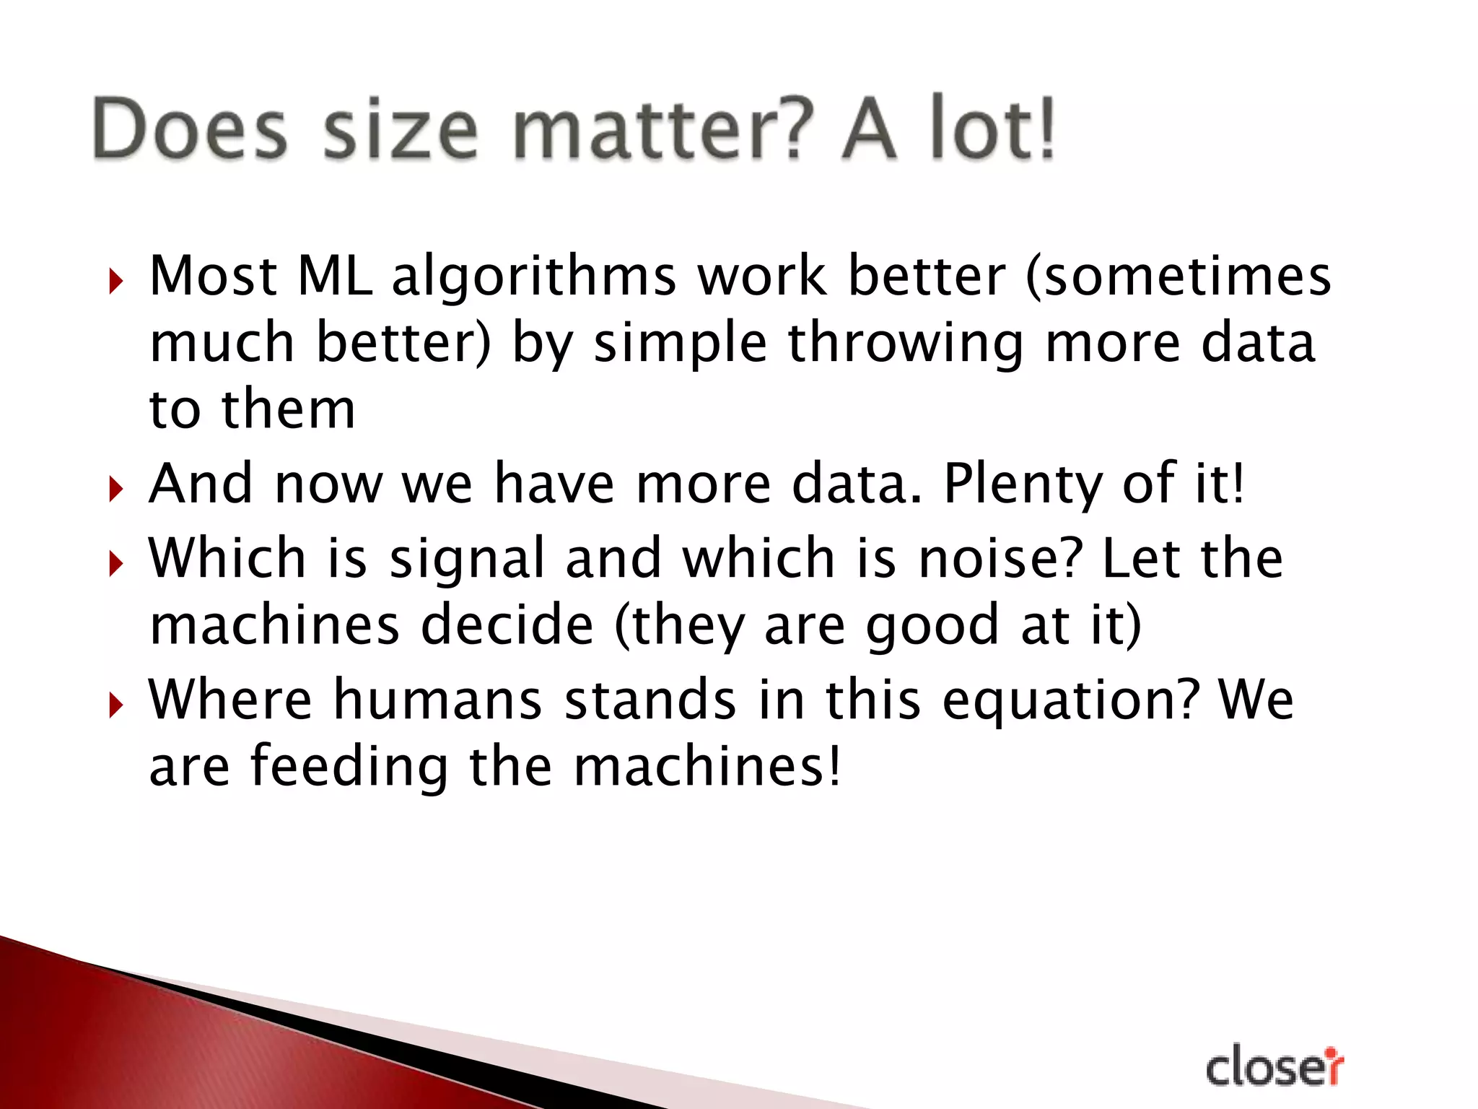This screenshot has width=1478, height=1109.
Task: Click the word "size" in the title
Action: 401,130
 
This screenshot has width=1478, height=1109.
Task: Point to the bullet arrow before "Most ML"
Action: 115,281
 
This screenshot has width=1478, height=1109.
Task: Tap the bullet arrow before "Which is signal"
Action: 115,563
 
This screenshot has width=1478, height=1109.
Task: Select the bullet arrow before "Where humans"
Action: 115,705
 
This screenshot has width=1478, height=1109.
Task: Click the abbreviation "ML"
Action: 335,276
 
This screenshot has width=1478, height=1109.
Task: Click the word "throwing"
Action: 906,344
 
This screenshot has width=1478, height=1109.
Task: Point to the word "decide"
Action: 507,625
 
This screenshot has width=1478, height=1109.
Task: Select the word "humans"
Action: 437,700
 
